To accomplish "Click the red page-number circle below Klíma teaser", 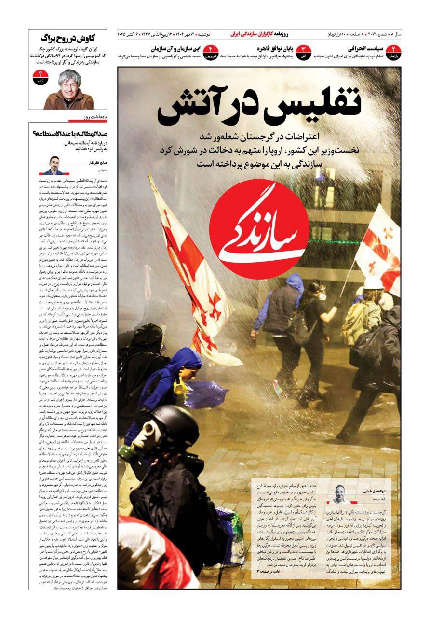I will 38,77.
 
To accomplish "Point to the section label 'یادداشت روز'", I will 91,117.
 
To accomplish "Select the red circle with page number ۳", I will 303,51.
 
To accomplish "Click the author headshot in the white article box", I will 339,493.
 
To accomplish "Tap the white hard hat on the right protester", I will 373,282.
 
